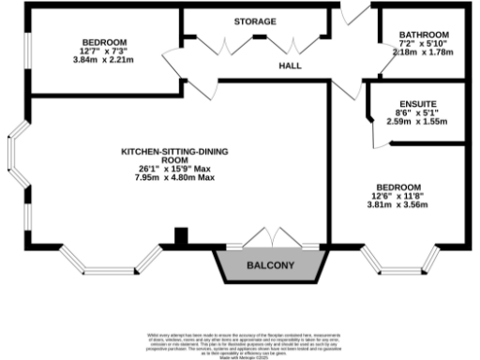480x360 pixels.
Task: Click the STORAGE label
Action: click(x=255, y=21)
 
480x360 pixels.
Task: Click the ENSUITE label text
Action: click(x=417, y=103)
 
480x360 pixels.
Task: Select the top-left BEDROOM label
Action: click(x=103, y=43)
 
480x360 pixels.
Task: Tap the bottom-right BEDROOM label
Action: click(x=398, y=187)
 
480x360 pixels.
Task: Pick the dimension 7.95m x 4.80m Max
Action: click(x=174, y=177)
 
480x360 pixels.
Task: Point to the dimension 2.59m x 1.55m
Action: click(x=417, y=122)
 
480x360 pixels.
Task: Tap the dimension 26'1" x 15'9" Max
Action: click(x=174, y=168)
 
